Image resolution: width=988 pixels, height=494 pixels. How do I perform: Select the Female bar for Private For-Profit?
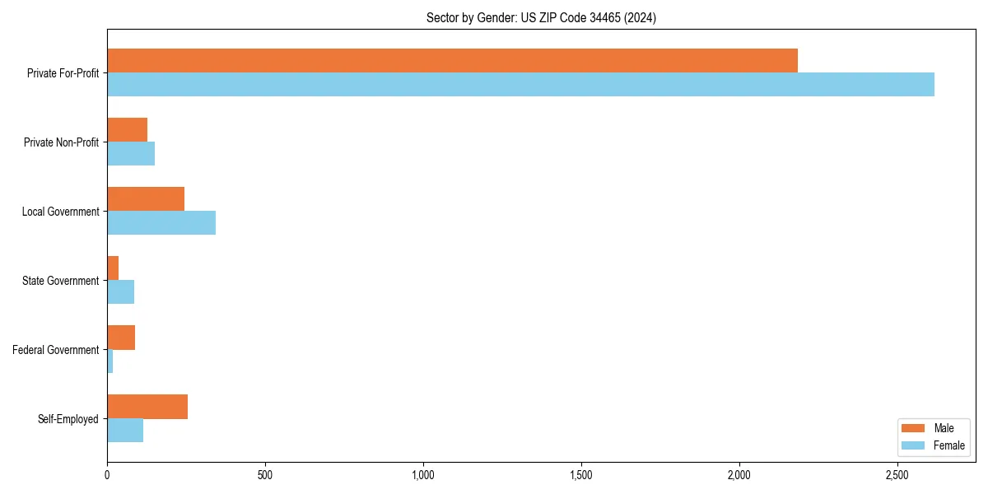520,85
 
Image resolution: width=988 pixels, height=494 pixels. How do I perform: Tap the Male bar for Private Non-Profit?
127,130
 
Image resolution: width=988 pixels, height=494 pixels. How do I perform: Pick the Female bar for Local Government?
161,223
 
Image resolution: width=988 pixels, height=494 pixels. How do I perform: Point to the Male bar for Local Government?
146,199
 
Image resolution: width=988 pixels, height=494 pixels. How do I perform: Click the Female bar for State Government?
120,292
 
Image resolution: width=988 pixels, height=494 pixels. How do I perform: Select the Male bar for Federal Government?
121,338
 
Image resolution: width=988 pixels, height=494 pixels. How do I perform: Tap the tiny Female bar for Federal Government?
110,361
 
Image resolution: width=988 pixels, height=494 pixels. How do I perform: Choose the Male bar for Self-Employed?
147,407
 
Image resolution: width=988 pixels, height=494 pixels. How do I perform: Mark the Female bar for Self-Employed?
125,431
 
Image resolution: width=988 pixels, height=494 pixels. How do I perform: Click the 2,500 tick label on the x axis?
897,476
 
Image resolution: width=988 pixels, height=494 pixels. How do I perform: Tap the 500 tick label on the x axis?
265,476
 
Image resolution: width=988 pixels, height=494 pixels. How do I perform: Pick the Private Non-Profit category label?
61,142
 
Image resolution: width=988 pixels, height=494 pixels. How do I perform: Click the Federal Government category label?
56,350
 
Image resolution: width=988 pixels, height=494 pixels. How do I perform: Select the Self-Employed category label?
68,419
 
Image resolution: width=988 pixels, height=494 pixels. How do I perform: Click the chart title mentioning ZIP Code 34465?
541,17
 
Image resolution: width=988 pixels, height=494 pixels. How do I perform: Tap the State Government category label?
61,281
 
